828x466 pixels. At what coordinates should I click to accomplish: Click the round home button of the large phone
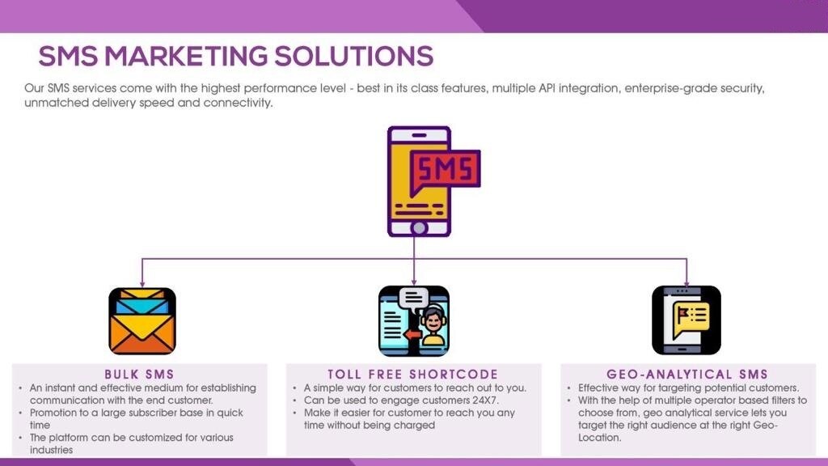420,228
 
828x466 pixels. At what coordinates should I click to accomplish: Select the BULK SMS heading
139,375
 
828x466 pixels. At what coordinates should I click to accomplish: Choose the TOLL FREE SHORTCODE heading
413,375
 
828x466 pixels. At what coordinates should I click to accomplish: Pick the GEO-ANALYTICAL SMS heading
687,375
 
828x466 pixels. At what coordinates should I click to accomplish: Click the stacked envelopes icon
142,320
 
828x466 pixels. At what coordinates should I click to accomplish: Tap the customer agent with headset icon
414,320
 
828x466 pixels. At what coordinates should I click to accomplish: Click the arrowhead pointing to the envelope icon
142,283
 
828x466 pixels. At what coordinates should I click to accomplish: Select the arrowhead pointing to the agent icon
414,282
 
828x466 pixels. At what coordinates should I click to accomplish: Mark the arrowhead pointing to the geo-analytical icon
686,282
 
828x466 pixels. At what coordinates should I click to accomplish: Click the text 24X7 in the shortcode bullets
485,400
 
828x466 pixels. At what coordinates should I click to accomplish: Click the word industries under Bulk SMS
51,450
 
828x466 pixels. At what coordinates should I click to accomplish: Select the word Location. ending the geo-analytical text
600,438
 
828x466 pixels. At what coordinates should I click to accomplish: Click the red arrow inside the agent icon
412,335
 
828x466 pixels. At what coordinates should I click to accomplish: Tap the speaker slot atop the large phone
420,135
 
